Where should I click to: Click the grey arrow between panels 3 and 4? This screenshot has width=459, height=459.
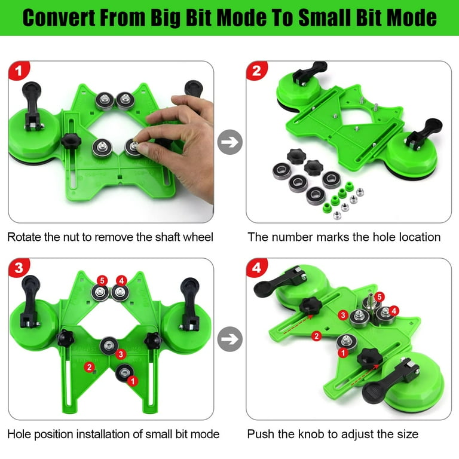coord(229,339)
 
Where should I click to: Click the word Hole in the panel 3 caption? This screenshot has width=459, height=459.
coord(20,434)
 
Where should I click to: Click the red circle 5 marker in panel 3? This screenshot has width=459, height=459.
coord(102,280)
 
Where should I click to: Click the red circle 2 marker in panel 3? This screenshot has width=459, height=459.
coord(89,366)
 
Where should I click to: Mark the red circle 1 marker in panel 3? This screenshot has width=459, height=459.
coord(133,379)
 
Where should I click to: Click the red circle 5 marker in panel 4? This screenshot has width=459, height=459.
coord(380,296)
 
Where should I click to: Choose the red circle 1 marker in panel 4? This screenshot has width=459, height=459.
coord(343,353)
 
